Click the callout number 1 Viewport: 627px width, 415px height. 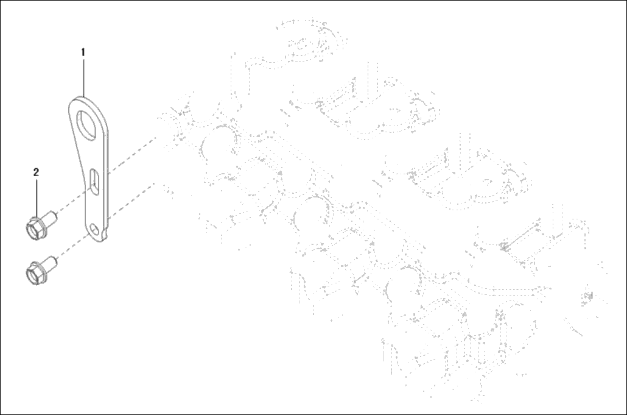click(83, 52)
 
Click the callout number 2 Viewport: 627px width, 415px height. click(37, 172)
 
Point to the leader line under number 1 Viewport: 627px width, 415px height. click(83, 77)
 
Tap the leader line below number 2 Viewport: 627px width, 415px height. click(37, 198)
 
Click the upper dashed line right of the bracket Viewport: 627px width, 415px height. click(132, 154)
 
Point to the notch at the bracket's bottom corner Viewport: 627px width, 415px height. click(105, 233)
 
